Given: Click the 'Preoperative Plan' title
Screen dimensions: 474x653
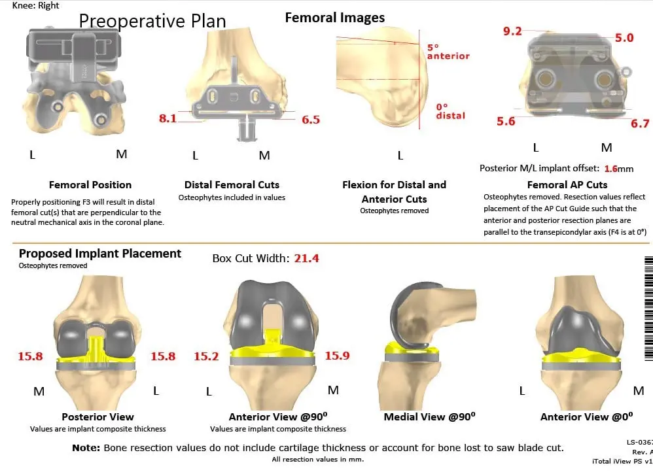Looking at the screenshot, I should [152, 21].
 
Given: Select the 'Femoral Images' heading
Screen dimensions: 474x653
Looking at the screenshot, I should [335, 18].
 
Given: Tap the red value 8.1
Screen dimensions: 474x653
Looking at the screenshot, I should [168, 119].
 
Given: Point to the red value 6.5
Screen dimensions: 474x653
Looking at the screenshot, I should [311, 120].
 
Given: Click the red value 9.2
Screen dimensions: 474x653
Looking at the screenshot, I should [512, 31].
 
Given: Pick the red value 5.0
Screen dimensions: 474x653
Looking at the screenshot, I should [624, 38].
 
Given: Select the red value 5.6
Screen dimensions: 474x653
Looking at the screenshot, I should [506, 121].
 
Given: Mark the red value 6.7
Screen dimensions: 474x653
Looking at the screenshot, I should [640, 124].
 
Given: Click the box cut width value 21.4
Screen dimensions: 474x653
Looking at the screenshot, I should [306, 258].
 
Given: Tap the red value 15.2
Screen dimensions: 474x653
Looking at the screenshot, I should [206, 356].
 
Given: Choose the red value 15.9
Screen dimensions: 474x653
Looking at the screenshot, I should [337, 356].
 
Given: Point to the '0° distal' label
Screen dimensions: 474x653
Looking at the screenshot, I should [451, 111].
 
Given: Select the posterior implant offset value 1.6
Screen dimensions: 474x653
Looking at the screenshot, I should [610, 169].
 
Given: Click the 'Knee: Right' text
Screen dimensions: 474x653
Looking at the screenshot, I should [36, 5].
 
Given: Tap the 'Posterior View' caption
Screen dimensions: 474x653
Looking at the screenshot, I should [97, 416].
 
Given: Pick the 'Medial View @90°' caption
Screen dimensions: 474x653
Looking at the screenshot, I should [429, 416].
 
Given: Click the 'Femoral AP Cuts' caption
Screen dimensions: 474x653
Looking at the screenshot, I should [567, 184].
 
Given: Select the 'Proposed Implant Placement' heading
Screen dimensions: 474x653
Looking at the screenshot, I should [100, 254].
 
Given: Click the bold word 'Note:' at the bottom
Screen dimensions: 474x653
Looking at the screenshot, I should [86, 448].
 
